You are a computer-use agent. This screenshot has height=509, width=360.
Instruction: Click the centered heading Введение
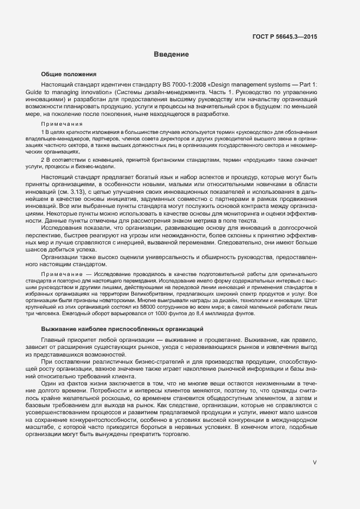(x=171, y=54)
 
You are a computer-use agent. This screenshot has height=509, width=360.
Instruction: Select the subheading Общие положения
(x=69, y=74)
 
